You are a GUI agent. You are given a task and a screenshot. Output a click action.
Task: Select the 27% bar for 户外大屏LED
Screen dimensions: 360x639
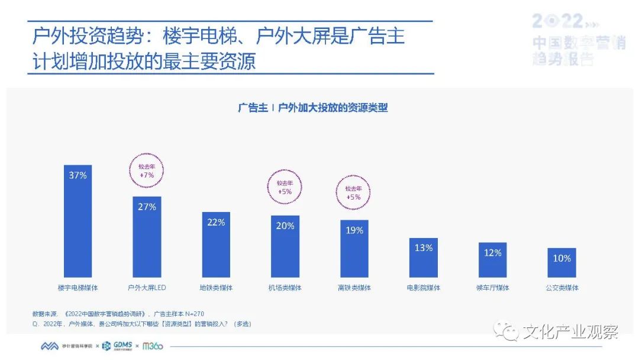point(147,237)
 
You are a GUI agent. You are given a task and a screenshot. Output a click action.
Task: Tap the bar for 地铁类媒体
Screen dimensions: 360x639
point(216,245)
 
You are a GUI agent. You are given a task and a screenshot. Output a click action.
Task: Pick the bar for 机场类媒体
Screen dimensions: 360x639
point(285,246)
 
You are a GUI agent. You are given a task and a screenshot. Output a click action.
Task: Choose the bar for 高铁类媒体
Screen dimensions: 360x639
point(354,249)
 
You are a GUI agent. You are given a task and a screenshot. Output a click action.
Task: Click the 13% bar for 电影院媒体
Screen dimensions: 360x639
point(423,258)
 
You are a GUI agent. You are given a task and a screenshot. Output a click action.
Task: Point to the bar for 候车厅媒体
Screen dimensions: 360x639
point(492,260)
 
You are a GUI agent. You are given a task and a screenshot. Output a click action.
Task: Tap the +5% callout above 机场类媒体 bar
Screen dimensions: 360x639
point(286,187)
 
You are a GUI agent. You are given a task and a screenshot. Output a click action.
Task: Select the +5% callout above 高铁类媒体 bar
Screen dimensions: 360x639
point(354,192)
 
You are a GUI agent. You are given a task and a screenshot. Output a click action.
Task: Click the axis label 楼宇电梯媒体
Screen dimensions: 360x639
point(78,288)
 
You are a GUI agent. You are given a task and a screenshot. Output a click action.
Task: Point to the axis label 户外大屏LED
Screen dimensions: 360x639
point(147,288)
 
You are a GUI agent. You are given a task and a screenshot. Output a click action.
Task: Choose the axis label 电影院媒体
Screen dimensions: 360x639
point(423,288)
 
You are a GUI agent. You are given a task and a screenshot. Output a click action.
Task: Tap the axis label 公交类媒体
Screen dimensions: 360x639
point(561,288)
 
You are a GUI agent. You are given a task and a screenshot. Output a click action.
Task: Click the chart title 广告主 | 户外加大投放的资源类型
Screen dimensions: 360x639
point(313,108)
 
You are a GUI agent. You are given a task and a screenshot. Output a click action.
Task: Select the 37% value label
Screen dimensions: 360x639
point(78,175)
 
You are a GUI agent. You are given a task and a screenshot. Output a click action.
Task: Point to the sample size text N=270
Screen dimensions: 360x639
point(195,313)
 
